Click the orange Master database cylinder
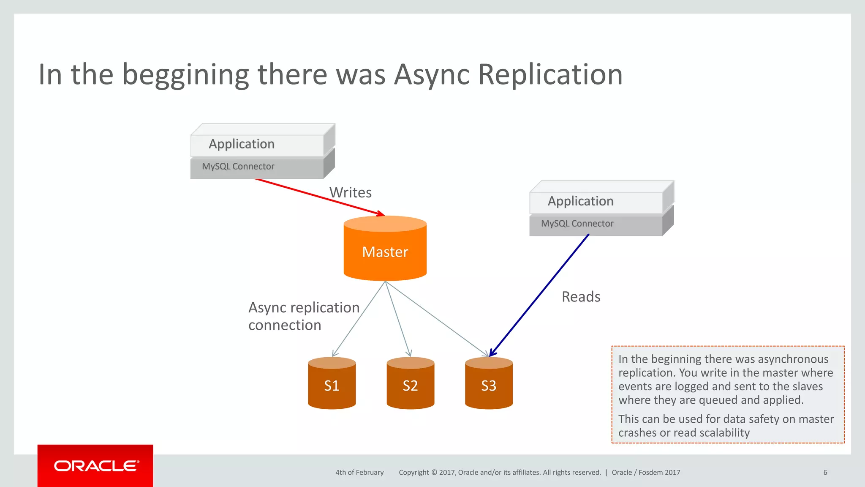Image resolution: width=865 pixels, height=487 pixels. pos(385,249)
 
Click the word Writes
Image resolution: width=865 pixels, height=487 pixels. pos(350,192)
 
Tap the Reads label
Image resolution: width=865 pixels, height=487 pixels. pos(581,297)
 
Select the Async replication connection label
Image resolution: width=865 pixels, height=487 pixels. pos(303,316)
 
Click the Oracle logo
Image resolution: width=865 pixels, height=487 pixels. pos(95,466)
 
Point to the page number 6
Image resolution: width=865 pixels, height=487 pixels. pos(825,473)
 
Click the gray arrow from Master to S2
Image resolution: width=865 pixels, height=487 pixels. pos(397,319)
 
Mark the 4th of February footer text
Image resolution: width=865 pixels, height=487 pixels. pos(359,473)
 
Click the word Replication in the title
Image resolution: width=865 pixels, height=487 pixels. pos(550,75)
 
